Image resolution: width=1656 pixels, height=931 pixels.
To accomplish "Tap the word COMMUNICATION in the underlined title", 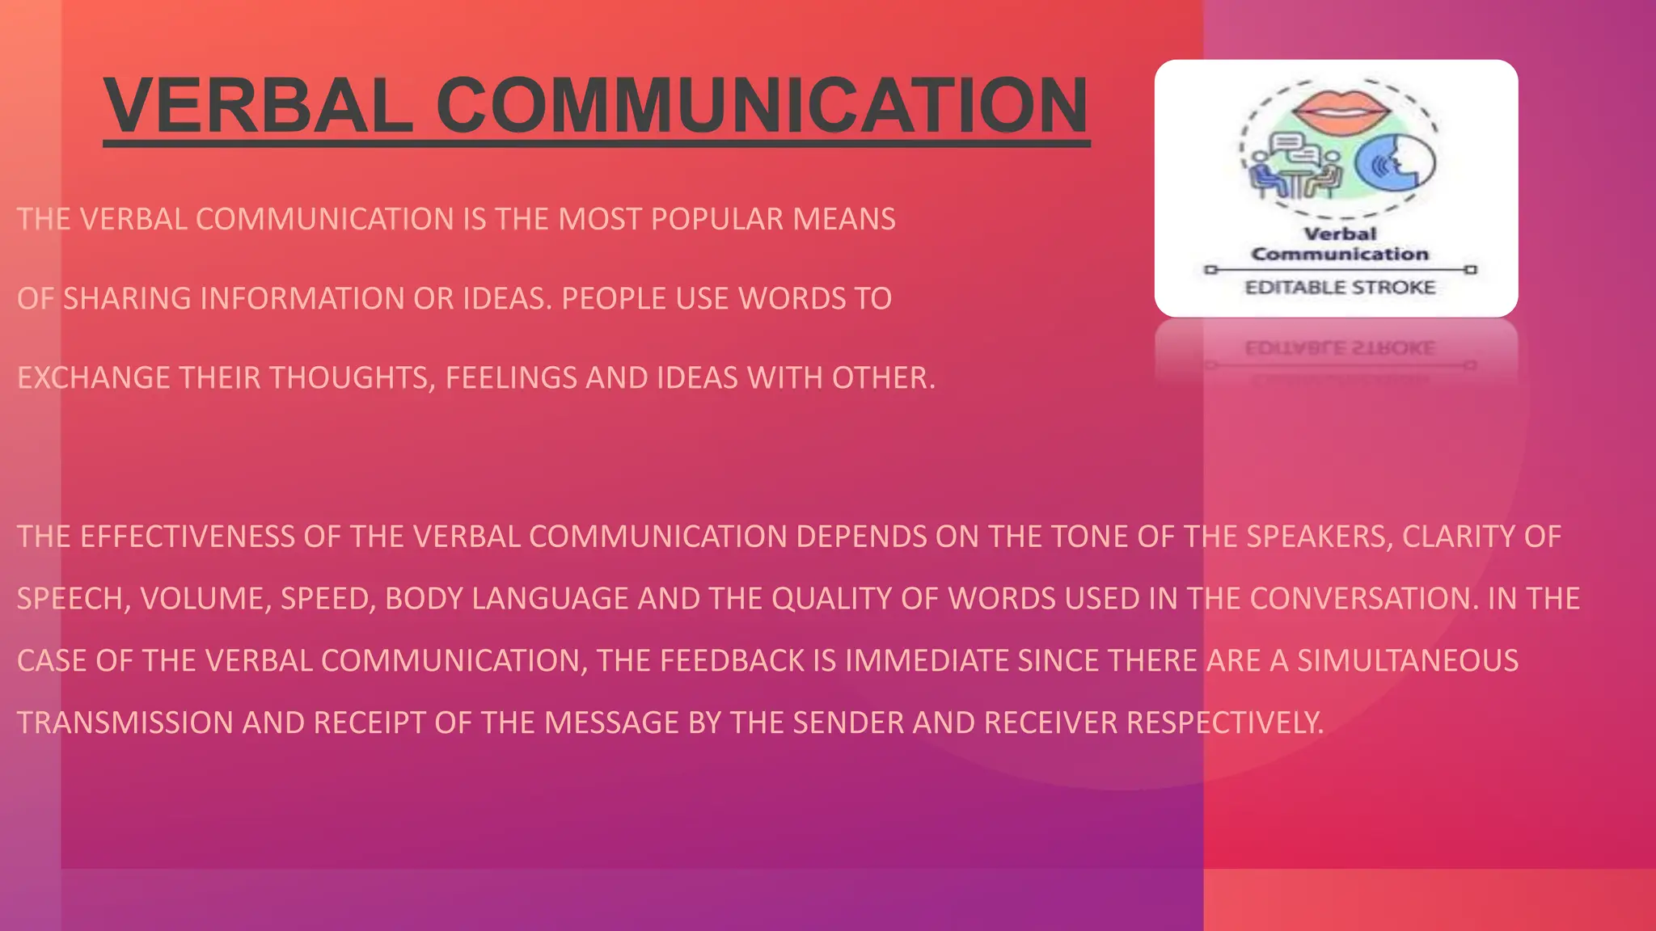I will (x=763, y=105).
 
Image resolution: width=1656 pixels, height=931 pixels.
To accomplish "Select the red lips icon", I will (x=1341, y=110).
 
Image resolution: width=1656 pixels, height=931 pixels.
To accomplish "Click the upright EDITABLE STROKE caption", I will (x=1340, y=288).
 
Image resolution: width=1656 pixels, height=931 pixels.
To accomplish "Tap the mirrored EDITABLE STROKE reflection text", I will (x=1340, y=348).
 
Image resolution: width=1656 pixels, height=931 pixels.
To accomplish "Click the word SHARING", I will (x=127, y=298).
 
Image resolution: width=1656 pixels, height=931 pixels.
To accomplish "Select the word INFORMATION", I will (x=302, y=298).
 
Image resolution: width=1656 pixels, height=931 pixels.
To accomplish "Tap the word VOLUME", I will (x=205, y=599).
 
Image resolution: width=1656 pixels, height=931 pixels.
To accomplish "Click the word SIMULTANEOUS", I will (x=1408, y=661).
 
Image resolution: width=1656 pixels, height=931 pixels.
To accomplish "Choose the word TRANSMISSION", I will (x=125, y=722).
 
